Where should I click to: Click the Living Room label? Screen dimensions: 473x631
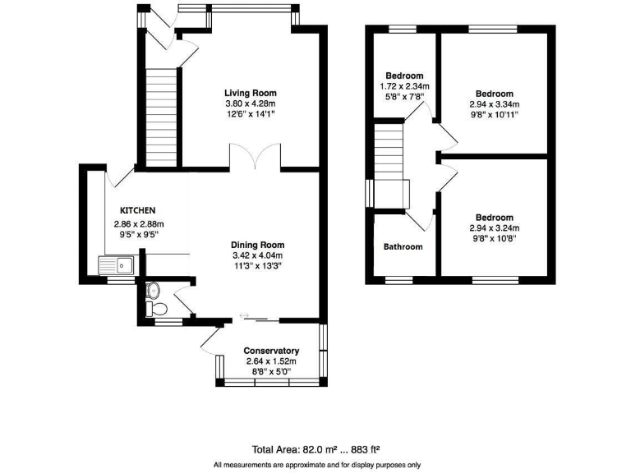(251, 93)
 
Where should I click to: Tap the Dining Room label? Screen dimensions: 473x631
(257, 245)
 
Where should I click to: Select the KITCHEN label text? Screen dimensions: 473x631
(137, 210)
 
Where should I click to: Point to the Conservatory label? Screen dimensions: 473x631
(270, 351)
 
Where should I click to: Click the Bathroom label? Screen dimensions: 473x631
(403, 246)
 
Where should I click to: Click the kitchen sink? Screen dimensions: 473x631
(116, 264)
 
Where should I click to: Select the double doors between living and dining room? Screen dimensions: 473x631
(256, 158)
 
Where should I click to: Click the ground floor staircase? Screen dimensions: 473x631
(161, 115)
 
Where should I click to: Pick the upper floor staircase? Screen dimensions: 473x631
(389, 160)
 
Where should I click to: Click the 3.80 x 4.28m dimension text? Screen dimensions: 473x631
(251, 103)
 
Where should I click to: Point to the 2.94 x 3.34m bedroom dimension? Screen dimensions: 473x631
(495, 104)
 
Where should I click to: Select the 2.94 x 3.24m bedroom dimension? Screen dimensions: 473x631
(495, 228)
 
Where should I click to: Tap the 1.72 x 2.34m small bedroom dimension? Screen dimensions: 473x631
(404, 86)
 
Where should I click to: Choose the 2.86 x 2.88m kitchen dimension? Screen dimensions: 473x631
(139, 224)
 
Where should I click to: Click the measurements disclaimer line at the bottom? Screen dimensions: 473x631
(315, 464)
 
